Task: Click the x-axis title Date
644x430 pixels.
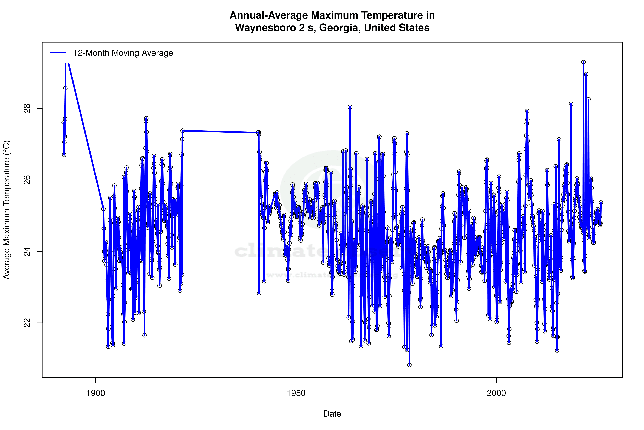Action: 332,414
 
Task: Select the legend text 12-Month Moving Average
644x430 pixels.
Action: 123,53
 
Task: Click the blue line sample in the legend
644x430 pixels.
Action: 58,53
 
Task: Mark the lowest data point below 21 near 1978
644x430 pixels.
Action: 409,365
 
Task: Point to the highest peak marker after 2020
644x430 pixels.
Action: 584,62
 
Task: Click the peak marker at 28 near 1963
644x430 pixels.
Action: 350,107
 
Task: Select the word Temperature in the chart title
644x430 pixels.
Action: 381,15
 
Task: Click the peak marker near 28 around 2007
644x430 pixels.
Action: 527,111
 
